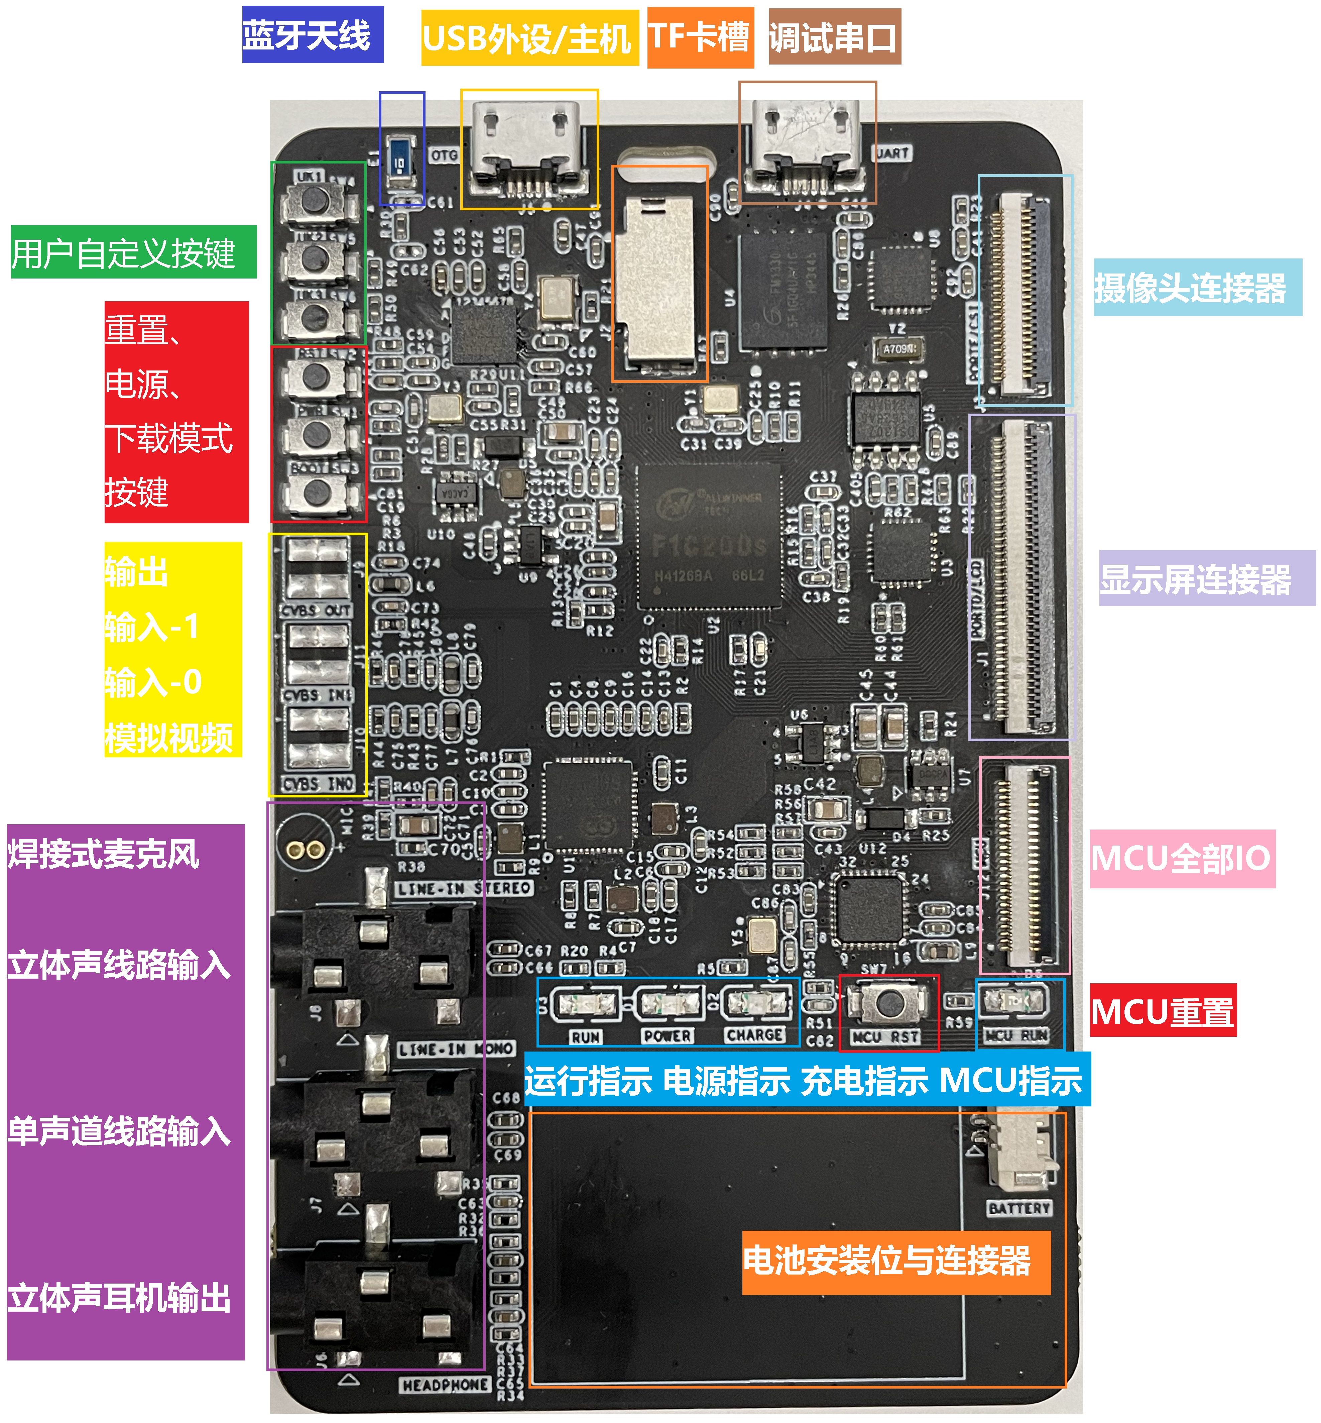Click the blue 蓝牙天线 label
click(313, 34)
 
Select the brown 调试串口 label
click(834, 37)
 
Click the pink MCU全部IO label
click(1182, 858)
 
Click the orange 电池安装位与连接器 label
click(896, 1262)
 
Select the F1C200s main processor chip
click(708, 536)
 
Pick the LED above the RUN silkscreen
click(586, 1004)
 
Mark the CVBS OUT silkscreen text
click(317, 610)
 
